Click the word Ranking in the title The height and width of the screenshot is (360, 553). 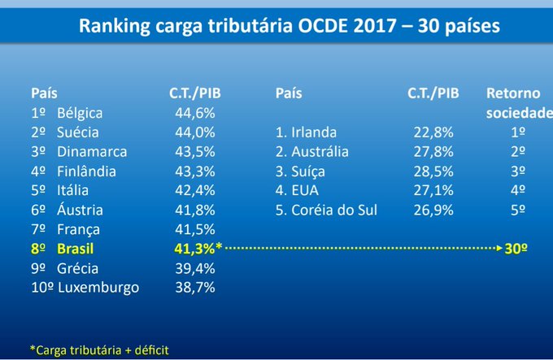coord(115,27)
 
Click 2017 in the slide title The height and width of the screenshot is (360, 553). coord(375,26)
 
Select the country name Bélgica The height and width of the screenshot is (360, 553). coord(80,114)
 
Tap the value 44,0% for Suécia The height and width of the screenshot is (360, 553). coord(195,132)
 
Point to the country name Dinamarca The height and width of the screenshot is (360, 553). coord(92,152)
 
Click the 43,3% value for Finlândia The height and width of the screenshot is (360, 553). coord(195,171)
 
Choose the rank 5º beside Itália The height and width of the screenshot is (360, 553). coord(38,191)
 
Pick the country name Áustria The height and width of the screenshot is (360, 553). coord(80,210)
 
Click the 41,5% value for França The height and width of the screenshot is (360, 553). coord(195,230)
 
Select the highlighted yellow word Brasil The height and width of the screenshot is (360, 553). coord(75,249)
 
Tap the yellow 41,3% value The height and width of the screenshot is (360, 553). coord(194,249)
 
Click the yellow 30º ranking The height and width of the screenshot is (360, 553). coord(516,249)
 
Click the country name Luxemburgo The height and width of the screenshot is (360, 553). coord(98,288)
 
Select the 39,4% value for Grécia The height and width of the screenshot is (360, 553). coord(195,269)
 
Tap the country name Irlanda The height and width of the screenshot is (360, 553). coord(314,132)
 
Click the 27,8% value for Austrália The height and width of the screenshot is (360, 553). coord(433,152)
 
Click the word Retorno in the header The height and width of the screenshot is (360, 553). coord(513,93)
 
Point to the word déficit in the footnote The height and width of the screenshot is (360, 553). coord(151,350)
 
